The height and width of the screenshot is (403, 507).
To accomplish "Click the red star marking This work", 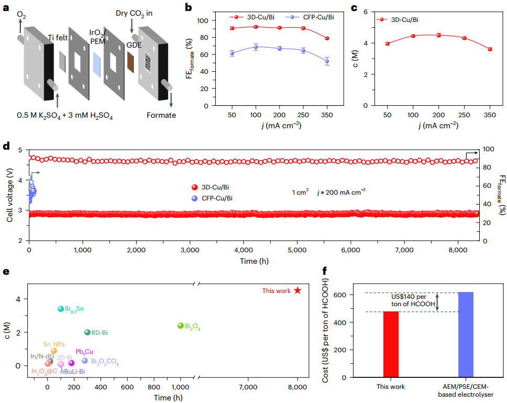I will [x=297, y=290].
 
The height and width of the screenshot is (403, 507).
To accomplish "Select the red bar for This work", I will [x=391, y=344].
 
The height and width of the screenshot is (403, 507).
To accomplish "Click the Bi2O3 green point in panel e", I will [x=181, y=326].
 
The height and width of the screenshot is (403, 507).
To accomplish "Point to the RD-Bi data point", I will [x=87, y=332].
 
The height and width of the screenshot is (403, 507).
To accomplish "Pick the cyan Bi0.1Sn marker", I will [x=61, y=309].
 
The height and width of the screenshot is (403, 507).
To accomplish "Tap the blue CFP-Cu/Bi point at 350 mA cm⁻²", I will [x=327, y=61].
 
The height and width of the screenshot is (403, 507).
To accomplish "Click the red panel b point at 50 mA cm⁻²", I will [x=232, y=28].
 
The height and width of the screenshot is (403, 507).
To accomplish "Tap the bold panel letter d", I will [x=6, y=145].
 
